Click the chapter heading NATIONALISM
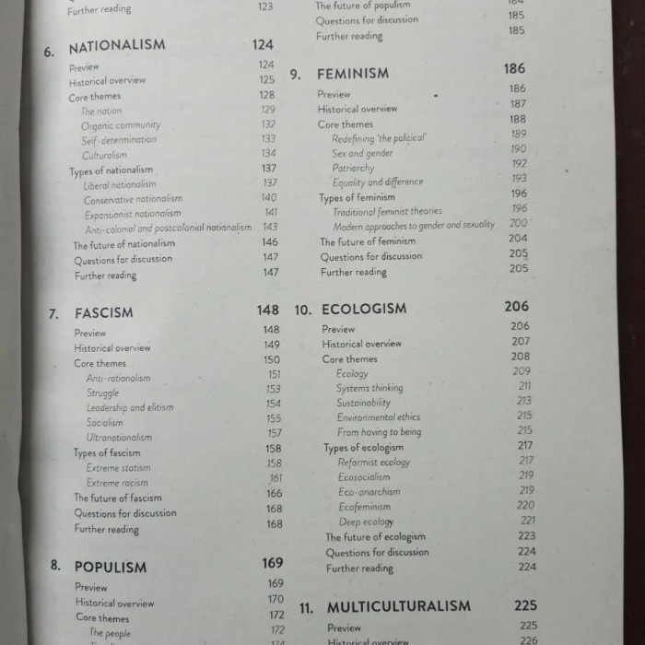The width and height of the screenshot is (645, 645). coord(117,45)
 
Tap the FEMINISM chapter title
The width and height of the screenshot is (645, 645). coord(353,74)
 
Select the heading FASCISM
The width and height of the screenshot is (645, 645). coord(103,313)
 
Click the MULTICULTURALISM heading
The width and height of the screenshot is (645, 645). coord(398,607)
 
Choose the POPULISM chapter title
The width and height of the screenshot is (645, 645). coord(110,568)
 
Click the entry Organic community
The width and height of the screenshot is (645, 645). coord(121,125)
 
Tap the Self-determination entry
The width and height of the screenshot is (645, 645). coord(119,140)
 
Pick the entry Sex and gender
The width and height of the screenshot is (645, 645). coord(362,153)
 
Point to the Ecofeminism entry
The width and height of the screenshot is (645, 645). coord(365,507)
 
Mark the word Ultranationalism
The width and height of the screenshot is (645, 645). coord(119,438)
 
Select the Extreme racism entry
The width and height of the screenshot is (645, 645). coord(118,483)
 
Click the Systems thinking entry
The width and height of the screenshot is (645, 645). coord(369,388)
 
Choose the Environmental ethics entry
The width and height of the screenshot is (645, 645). coord(378,417)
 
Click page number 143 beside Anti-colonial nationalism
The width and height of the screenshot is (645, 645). coord(269,227)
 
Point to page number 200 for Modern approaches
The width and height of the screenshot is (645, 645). coord(518,223)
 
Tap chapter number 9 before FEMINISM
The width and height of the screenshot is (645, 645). coord(295,75)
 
